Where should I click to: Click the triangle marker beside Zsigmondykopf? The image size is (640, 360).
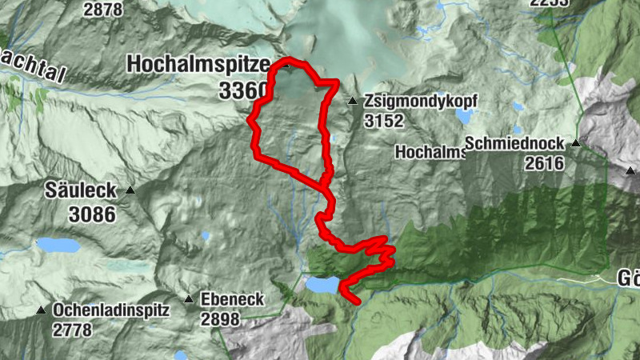pos(353,102)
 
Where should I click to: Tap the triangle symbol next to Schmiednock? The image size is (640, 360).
pos(574,144)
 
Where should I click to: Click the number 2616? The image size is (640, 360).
pos(545,164)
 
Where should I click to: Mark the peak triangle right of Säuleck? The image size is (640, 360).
pos(130,191)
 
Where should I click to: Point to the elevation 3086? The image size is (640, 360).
pos(91,214)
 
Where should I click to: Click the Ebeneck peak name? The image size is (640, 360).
pos(233,299)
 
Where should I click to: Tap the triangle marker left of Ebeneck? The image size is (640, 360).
pos(189,300)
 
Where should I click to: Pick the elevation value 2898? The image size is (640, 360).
pos(221,319)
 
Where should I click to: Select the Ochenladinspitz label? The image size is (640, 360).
pos(111,310)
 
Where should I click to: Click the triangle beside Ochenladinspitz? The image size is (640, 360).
pos(41,310)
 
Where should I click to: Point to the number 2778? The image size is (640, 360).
pos(74,329)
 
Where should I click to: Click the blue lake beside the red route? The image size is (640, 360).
pos(322,286)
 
